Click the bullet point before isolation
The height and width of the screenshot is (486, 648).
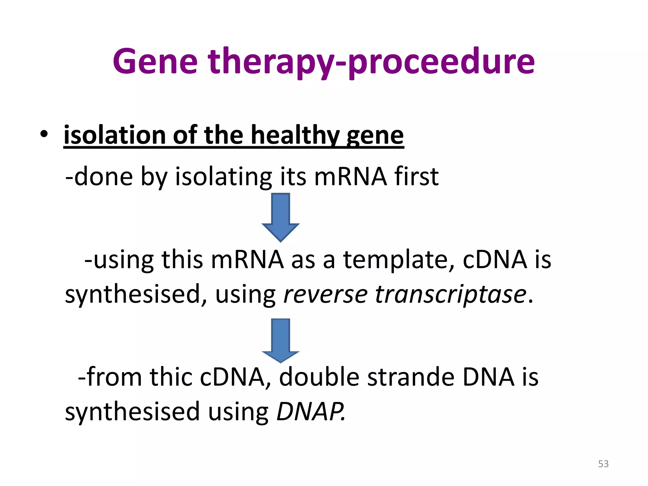[x=44, y=134]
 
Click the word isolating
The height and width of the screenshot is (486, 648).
[x=223, y=177]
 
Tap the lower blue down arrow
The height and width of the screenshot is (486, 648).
[x=280, y=340]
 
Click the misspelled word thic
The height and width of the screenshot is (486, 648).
[x=171, y=377]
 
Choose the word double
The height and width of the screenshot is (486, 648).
[x=319, y=377]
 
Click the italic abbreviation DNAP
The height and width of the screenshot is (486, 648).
[x=310, y=412]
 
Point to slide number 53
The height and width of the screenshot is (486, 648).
[x=603, y=464]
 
